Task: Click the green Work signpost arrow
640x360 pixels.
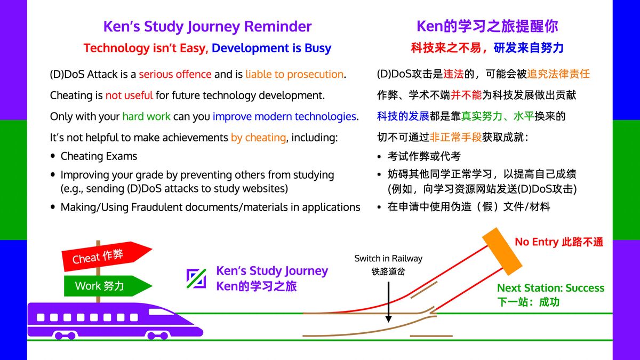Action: (108, 286)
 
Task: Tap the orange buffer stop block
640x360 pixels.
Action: (502, 251)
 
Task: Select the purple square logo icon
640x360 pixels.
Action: (196, 278)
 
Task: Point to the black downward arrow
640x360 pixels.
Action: (389, 302)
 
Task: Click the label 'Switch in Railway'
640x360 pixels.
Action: (388, 258)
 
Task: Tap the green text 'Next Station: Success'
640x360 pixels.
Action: (550, 287)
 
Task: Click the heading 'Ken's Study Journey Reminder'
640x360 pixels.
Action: (207, 27)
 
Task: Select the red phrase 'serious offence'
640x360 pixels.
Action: (175, 74)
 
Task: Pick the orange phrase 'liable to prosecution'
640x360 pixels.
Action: (294, 74)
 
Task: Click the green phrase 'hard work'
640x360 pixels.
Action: (146, 117)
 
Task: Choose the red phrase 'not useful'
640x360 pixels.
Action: (129, 95)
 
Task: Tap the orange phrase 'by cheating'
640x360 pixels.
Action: (258, 138)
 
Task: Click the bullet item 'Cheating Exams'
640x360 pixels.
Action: (99, 156)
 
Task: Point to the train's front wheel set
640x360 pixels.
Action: (157, 335)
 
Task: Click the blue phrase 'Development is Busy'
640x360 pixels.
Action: (271, 48)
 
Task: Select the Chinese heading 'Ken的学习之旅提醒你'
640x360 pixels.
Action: (487, 27)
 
